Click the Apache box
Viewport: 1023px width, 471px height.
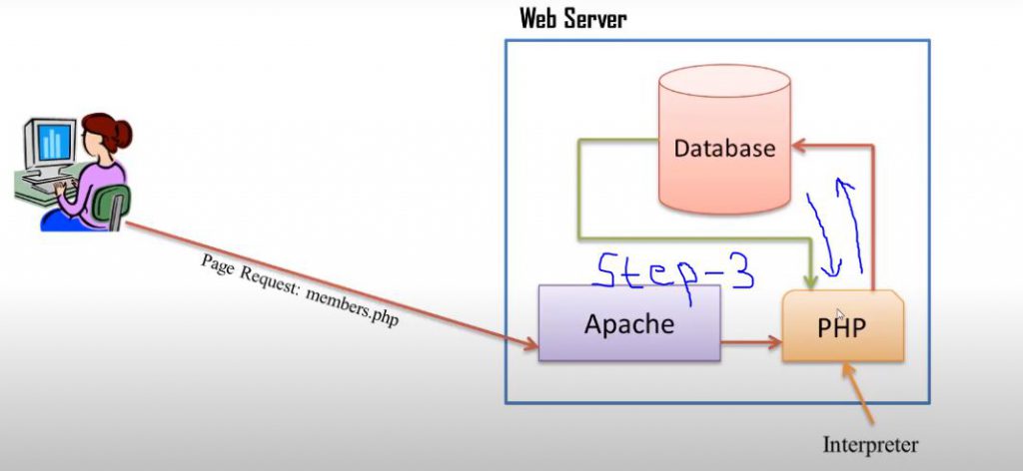click(629, 323)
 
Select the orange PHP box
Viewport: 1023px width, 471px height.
click(843, 326)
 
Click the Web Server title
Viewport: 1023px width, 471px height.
click(572, 19)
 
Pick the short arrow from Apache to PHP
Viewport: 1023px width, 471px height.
click(751, 342)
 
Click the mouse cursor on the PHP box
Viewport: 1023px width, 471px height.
click(840, 315)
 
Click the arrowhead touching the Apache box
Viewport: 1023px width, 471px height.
click(530, 343)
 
